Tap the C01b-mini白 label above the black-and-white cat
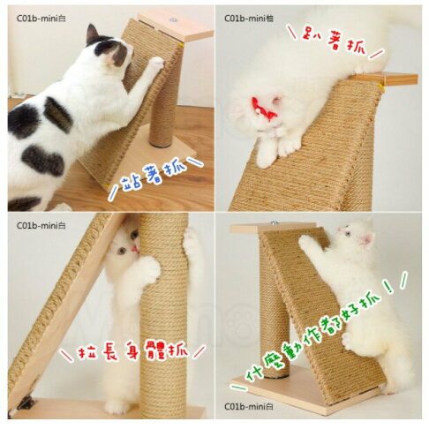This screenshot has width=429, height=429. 38,17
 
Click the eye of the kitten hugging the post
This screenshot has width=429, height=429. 123,251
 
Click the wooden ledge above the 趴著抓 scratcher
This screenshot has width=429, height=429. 388,79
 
